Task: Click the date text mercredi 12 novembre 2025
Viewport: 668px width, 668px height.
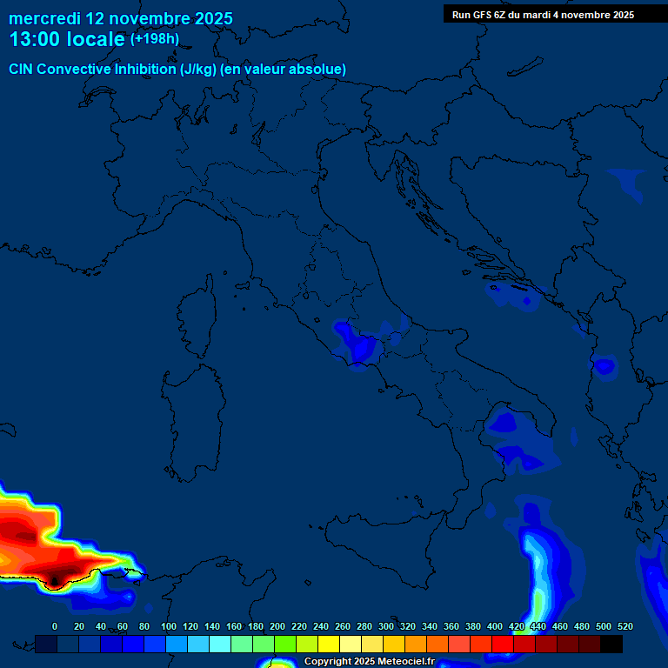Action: pyautogui.click(x=121, y=18)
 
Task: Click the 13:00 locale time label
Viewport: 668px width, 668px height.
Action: pyautogui.click(x=66, y=39)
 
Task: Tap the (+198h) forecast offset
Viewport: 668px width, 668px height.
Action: pyautogui.click(x=154, y=39)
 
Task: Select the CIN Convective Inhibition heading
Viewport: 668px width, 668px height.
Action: pyautogui.click(x=177, y=69)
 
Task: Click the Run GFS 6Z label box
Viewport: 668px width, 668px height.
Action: pyautogui.click(x=543, y=15)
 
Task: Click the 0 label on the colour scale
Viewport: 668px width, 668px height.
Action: pyautogui.click(x=55, y=626)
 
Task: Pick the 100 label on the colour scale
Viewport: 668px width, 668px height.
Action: pyautogui.click(x=169, y=626)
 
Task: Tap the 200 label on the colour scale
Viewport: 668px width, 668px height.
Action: pyautogui.click(x=277, y=626)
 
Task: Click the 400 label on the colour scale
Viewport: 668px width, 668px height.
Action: pyautogui.click(x=495, y=626)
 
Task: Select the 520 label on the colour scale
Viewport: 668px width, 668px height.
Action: pyautogui.click(x=625, y=626)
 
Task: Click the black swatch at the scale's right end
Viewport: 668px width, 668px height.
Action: pyautogui.click(x=611, y=644)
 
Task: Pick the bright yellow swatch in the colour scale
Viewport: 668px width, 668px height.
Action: pyautogui.click(x=329, y=644)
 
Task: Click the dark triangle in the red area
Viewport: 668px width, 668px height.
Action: pyautogui.click(x=55, y=578)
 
